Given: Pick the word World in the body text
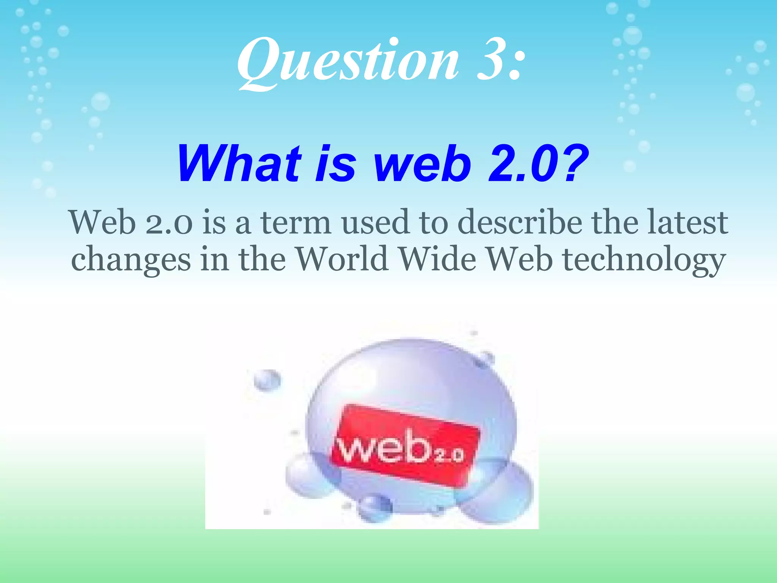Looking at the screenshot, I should pyautogui.click(x=342, y=259).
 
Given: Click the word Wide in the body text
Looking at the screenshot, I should pyautogui.click(x=438, y=259).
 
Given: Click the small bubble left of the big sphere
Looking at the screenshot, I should pyautogui.click(x=267, y=380).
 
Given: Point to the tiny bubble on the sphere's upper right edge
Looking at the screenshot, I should pyautogui.click(x=485, y=359).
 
